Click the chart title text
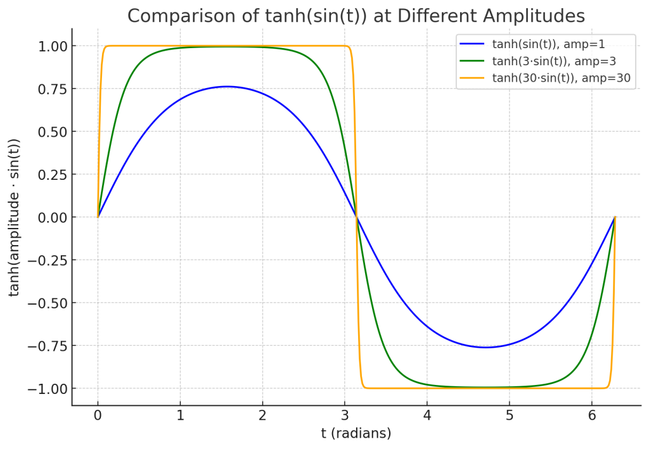(356, 16)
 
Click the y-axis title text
(14, 217)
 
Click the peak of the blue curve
(227, 86)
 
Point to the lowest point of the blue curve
(485, 347)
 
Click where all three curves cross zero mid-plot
(356, 217)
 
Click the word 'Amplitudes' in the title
(535, 16)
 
